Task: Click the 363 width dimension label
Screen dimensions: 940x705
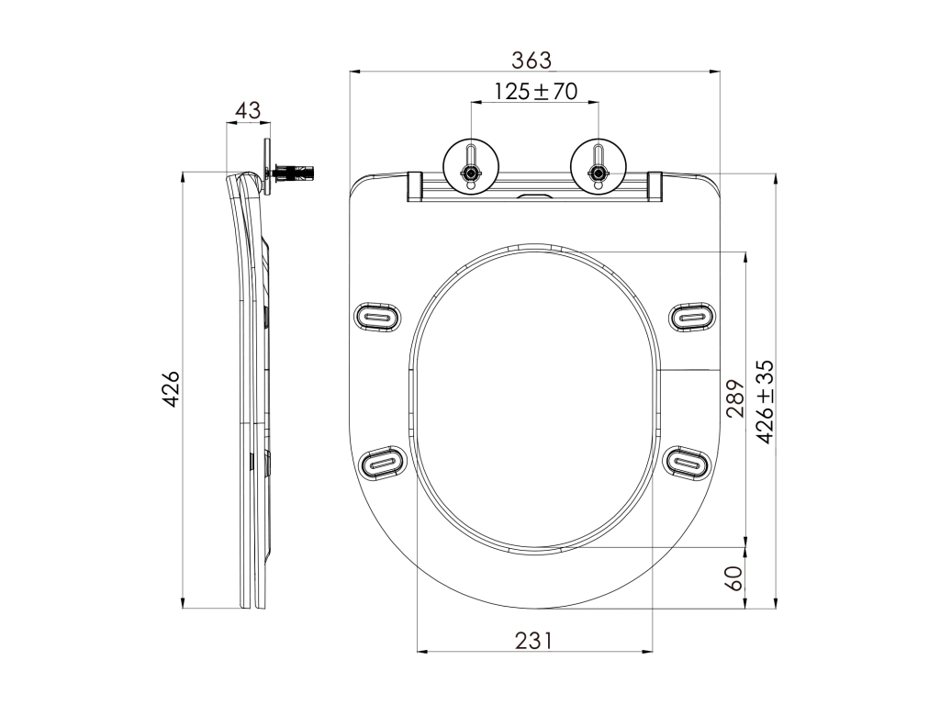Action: [532, 60]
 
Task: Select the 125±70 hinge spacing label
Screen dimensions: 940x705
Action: [535, 91]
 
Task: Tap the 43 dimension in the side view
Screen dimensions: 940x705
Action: [248, 110]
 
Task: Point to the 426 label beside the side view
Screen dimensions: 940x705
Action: [172, 389]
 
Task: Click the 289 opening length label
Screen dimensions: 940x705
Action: [735, 398]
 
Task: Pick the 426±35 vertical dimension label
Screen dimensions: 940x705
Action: [765, 402]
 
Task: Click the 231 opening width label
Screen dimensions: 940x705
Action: [533, 641]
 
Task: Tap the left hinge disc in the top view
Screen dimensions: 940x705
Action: [471, 165]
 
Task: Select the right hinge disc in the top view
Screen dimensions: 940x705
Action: [599, 165]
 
